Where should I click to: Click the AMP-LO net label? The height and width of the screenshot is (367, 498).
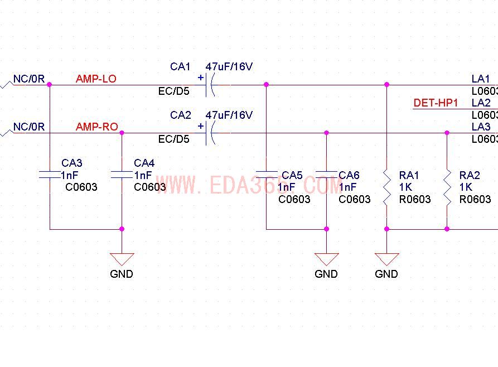[x=96, y=79]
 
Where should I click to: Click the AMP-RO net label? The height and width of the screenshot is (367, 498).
[x=96, y=127]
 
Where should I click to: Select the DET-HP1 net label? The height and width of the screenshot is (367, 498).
[x=436, y=103]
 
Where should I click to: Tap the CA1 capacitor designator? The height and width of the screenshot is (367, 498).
[x=180, y=67]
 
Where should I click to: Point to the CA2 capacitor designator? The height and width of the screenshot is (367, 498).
[x=180, y=115]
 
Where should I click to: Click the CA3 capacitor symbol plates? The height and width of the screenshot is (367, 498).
[x=50, y=175]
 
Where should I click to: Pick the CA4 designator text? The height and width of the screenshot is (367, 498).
[x=144, y=163]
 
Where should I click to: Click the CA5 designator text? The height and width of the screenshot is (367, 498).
[x=292, y=176]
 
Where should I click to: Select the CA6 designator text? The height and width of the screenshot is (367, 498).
[x=349, y=176]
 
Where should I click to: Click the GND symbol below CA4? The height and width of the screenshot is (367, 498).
[x=122, y=259]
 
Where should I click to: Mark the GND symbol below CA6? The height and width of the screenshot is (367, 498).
[x=326, y=259]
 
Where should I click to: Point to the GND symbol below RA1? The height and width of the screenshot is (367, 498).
[x=386, y=259]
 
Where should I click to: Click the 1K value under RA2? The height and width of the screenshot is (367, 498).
[x=466, y=187]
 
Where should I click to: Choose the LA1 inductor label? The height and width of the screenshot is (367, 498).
[x=481, y=79]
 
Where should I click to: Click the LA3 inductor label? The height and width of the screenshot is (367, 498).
[x=481, y=127]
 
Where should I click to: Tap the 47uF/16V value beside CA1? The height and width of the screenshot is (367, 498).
[x=229, y=67]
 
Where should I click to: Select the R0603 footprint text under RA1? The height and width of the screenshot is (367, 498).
[x=415, y=199]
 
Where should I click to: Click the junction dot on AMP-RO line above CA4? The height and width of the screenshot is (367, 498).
[x=122, y=133]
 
